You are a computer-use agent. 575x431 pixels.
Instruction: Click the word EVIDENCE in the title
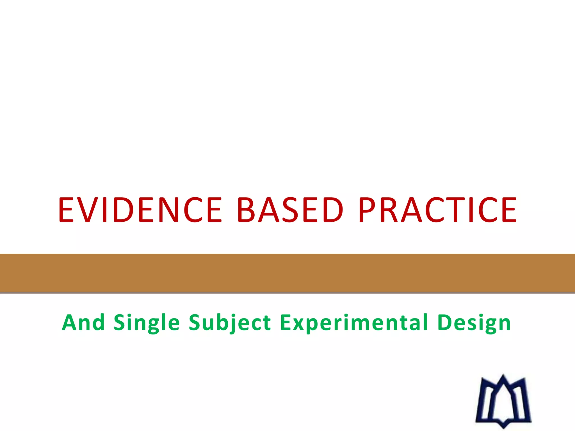point(140,210)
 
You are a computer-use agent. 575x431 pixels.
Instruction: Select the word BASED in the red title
point(290,210)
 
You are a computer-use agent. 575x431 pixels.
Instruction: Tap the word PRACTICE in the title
point(437,210)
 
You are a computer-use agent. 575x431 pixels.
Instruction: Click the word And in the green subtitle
point(83,323)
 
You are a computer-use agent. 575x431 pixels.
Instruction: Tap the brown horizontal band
point(287,273)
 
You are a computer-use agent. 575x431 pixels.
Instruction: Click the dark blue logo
point(503,401)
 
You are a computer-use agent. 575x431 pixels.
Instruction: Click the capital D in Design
point(445,323)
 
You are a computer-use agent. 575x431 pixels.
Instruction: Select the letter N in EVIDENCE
point(168,210)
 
